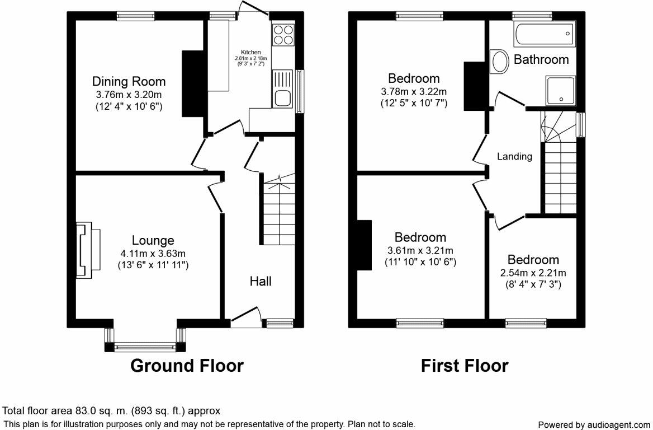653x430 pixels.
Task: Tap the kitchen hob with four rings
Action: (x=283, y=35)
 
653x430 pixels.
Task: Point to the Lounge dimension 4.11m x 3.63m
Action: (x=153, y=254)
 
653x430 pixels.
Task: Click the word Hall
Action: (x=261, y=281)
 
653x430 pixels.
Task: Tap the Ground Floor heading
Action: (x=187, y=366)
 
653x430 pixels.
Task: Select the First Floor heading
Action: (x=465, y=366)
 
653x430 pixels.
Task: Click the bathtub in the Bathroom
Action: (x=543, y=35)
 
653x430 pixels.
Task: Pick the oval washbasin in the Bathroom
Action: (x=499, y=61)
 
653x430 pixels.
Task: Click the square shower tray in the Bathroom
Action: (x=560, y=91)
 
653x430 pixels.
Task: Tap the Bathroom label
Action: (x=541, y=59)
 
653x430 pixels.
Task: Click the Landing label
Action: (x=514, y=157)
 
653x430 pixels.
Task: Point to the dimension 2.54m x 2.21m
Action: (x=533, y=273)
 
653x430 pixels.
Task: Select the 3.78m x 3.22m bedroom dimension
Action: (x=414, y=92)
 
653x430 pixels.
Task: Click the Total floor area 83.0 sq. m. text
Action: (x=112, y=410)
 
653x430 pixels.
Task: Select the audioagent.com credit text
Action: (x=594, y=425)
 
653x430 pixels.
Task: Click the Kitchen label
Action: (x=250, y=52)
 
